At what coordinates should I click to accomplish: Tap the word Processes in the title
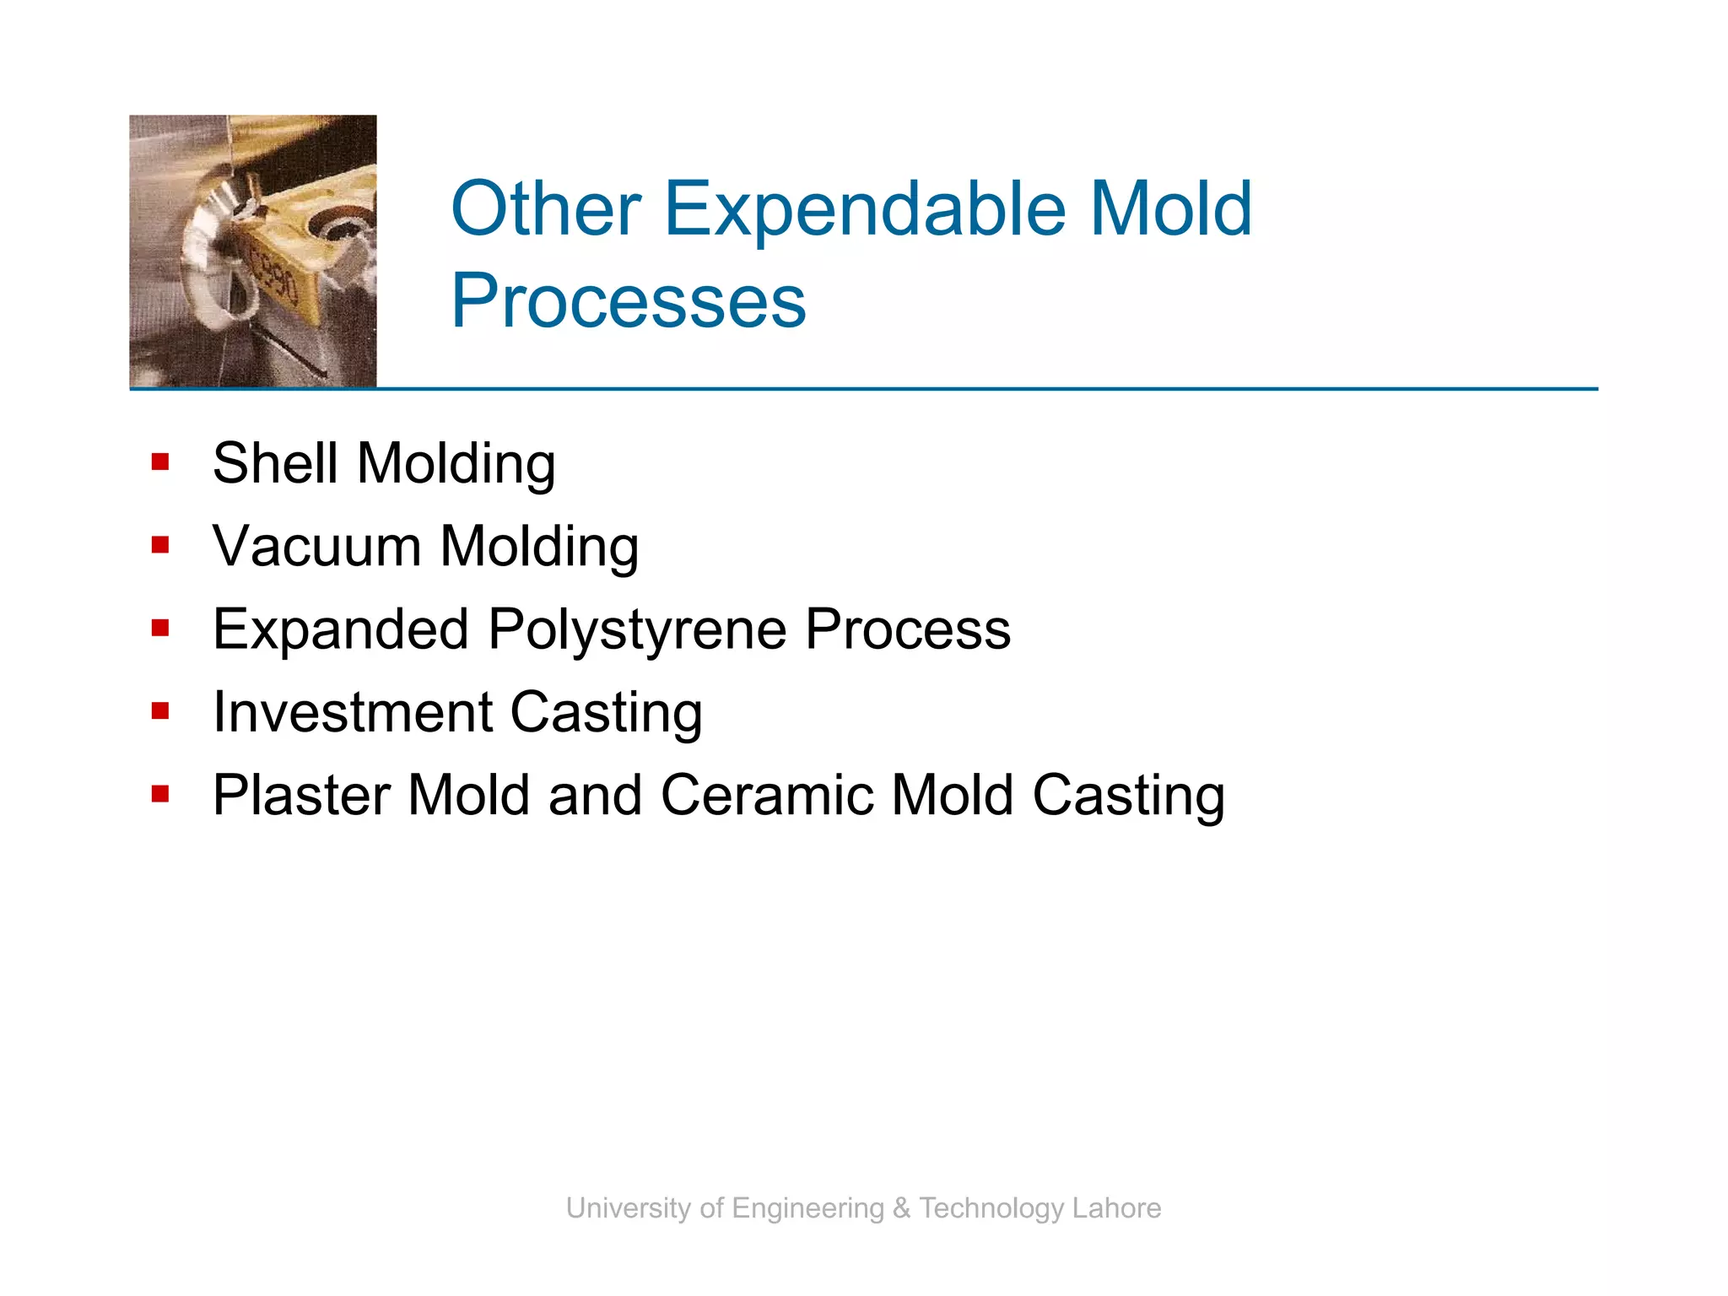(x=629, y=301)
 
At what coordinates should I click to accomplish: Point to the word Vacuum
(x=316, y=546)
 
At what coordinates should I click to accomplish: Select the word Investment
(x=352, y=712)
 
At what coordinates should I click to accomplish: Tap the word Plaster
(x=301, y=795)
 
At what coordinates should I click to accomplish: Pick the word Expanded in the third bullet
(x=340, y=630)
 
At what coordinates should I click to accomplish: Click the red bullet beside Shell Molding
(x=160, y=462)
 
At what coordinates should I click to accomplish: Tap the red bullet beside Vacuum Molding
(x=160, y=545)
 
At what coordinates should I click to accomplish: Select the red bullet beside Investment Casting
(x=160, y=711)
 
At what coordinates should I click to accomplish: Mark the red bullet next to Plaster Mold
(x=160, y=794)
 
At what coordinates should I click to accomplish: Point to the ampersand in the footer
(x=901, y=1208)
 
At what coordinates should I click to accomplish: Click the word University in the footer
(x=630, y=1208)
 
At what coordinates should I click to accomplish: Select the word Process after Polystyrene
(x=907, y=630)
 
